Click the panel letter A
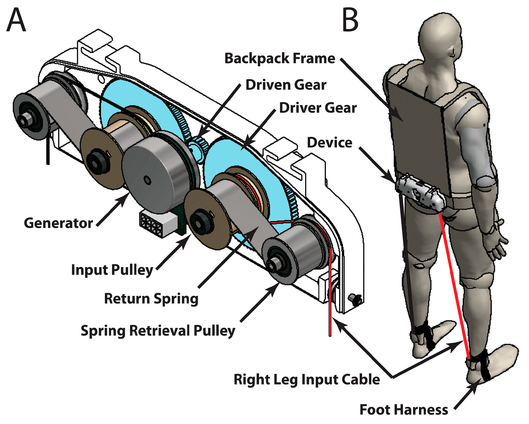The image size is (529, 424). click(16, 20)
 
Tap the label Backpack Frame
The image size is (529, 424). click(280, 58)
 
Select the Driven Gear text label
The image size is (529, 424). click(286, 85)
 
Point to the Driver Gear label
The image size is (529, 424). click(318, 108)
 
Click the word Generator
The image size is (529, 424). click(58, 223)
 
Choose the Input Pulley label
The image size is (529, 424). click(112, 270)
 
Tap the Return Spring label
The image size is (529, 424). click(151, 299)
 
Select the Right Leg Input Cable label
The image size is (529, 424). click(307, 379)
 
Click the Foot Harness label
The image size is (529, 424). click(404, 410)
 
